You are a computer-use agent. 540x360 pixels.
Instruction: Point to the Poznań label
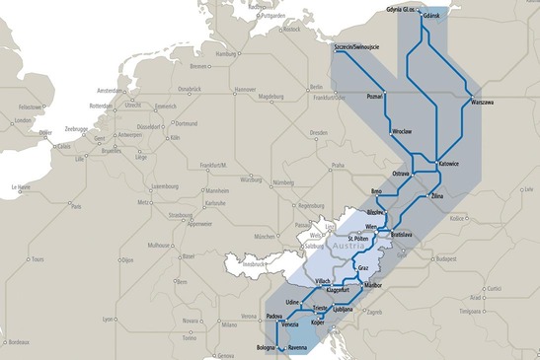pyautogui.click(x=375, y=97)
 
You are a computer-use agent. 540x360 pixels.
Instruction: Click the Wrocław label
pyautogui.click(x=401, y=131)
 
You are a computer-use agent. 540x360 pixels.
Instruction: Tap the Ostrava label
pyautogui.click(x=400, y=174)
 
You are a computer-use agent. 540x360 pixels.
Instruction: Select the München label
pyautogui.click(x=264, y=238)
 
